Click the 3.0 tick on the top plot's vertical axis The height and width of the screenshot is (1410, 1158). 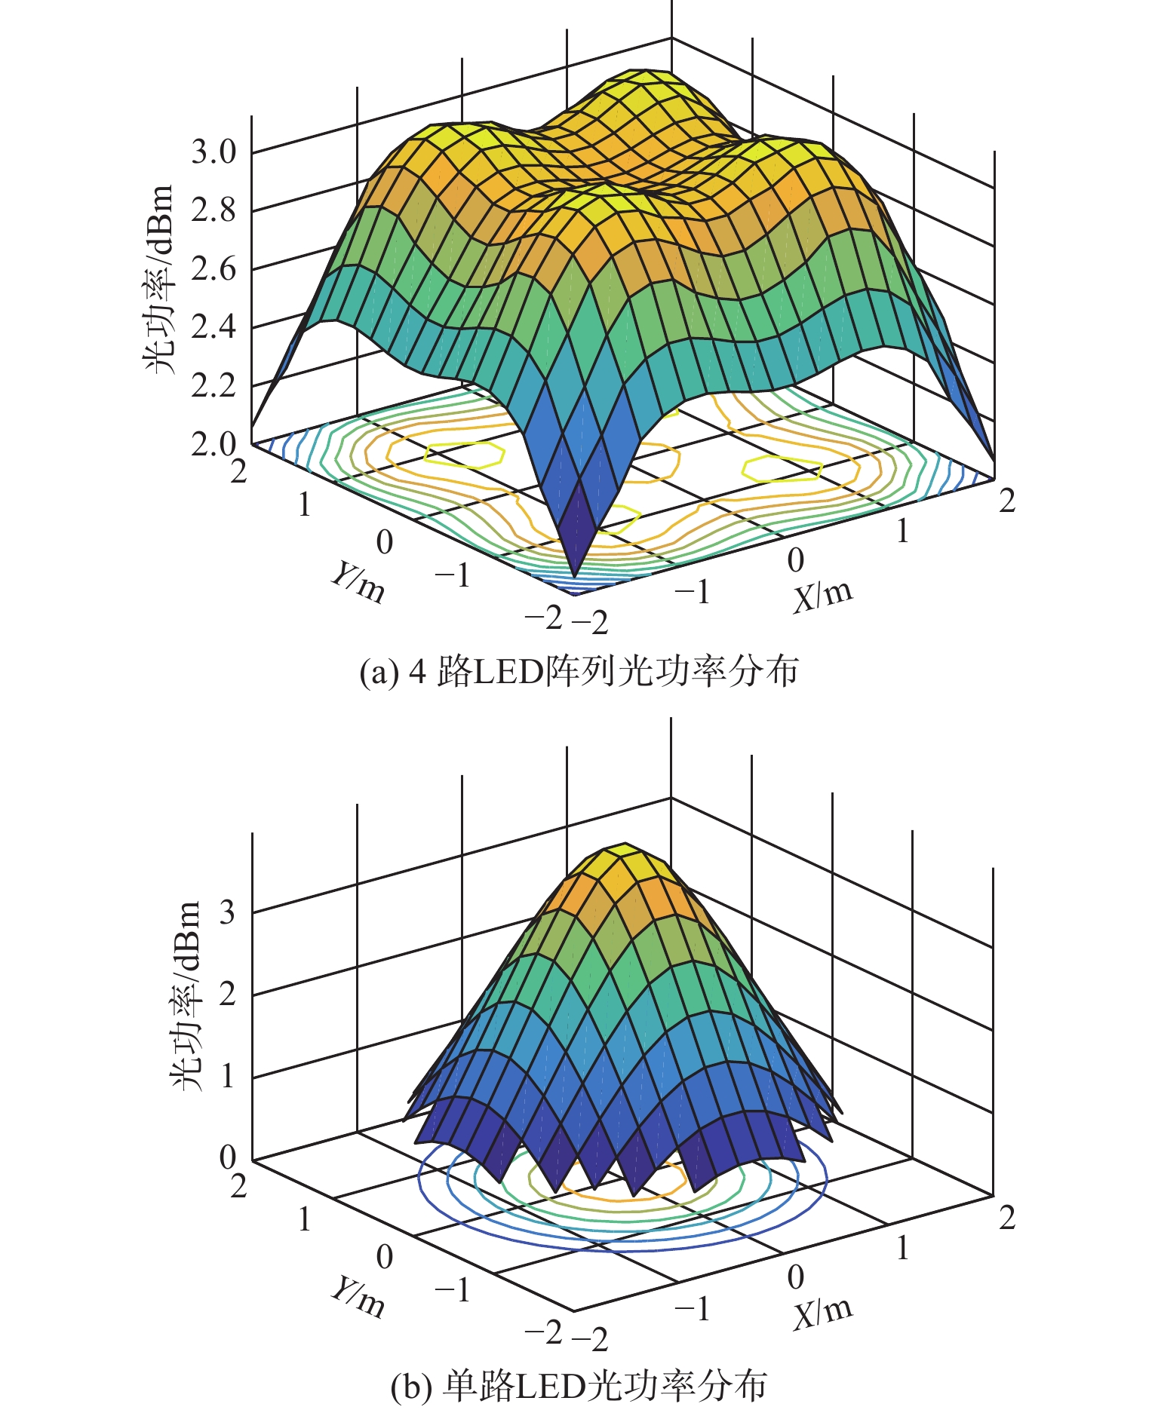(x=213, y=152)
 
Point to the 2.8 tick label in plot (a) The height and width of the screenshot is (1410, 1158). (x=213, y=210)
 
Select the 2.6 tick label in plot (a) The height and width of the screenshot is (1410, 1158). (x=213, y=269)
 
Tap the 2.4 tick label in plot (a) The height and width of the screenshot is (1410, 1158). (x=213, y=327)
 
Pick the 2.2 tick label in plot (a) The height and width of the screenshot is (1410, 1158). (x=213, y=386)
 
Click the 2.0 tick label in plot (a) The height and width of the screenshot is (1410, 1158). (x=213, y=444)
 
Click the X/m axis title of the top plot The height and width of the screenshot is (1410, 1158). (x=822, y=596)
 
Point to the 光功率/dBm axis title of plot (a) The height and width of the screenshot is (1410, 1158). (x=159, y=279)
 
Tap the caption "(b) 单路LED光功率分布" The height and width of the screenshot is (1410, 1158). (x=579, y=1386)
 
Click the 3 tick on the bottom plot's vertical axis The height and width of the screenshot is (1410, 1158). (x=227, y=912)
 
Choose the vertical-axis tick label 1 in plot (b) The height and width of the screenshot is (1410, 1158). (x=227, y=1075)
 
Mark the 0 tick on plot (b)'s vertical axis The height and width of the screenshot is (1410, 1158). (x=227, y=1157)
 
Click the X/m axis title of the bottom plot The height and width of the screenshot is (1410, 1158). (x=822, y=1311)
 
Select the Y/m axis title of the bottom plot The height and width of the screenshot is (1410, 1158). (x=358, y=1297)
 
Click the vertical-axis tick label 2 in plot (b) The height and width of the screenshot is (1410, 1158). (x=227, y=994)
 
